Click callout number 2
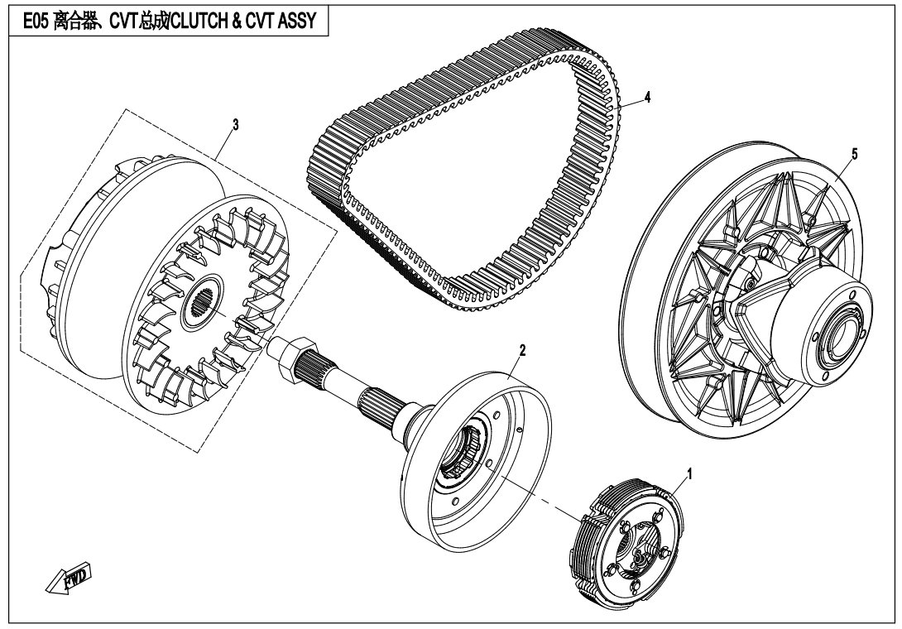522,351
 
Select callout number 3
236,124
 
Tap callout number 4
648,97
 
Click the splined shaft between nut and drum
356,389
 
